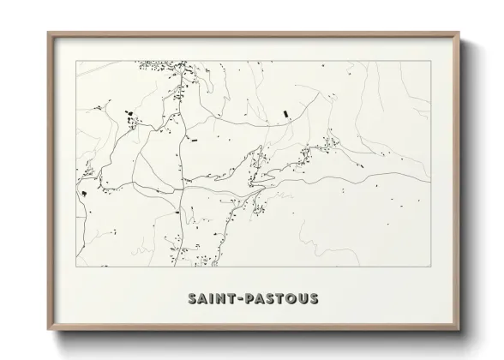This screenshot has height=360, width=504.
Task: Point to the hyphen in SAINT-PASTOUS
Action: (237, 299)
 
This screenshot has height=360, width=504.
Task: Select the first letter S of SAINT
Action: (191, 298)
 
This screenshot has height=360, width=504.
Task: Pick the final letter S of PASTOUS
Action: (314, 298)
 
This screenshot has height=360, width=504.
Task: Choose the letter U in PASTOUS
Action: (303, 298)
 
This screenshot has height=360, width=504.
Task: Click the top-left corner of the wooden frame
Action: (48, 33)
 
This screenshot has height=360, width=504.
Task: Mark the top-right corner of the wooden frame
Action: (460, 33)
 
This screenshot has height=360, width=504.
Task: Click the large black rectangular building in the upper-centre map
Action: (285, 111)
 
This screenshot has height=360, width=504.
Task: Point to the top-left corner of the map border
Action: (75, 61)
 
